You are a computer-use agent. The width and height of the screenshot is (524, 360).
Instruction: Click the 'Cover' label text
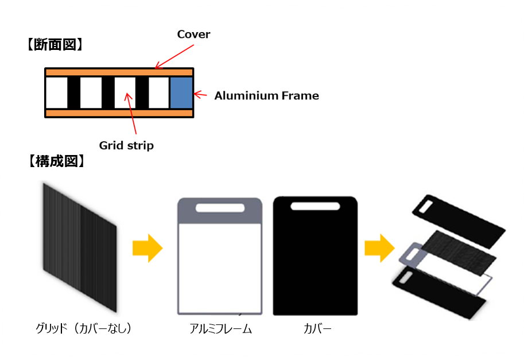193,34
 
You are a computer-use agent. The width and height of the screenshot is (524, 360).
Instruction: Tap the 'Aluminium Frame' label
266,96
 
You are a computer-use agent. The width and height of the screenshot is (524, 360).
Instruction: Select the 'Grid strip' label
126,145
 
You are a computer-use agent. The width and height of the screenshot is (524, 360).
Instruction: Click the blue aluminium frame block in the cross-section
181,94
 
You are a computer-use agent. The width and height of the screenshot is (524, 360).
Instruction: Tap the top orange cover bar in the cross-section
119,72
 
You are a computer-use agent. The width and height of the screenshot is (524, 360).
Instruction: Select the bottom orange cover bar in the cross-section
119,113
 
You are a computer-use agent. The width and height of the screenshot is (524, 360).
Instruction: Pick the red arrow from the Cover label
172,57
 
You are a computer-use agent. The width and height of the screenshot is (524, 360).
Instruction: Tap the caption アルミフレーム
221,329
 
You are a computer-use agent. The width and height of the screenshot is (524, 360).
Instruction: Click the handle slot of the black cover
315,206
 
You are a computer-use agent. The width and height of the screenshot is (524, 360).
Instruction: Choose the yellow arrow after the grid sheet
148,248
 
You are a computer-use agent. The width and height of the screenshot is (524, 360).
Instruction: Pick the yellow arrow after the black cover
379,248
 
